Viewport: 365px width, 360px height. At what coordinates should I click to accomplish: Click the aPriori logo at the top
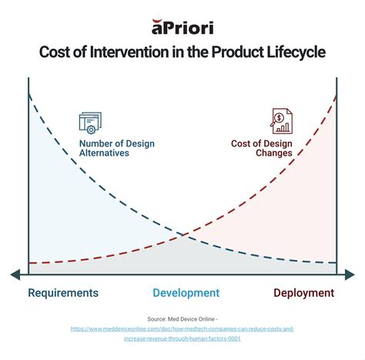[x=182, y=28]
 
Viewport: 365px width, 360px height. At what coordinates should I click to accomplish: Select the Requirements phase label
[x=63, y=293]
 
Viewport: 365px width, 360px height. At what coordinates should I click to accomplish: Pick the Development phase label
[x=186, y=293]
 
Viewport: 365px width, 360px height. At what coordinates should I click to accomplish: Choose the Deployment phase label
[x=304, y=293]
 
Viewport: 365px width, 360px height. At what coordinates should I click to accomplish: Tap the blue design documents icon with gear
[x=90, y=122]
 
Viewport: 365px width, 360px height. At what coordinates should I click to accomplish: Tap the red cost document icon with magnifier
[x=280, y=121]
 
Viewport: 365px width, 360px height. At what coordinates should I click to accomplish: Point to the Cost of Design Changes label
[x=262, y=148]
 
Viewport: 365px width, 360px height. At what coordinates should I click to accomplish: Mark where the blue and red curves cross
[x=182, y=235]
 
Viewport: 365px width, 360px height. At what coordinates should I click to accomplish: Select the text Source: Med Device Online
[x=182, y=318]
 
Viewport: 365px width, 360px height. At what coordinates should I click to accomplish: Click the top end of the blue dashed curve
[x=29, y=93]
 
